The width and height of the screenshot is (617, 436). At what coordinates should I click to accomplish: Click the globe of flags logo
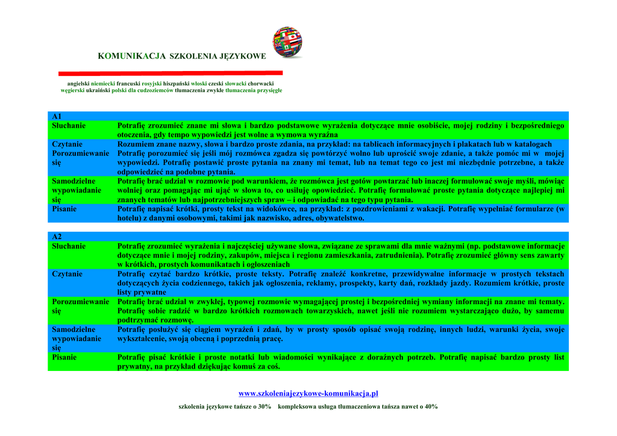pyautogui.click(x=287, y=42)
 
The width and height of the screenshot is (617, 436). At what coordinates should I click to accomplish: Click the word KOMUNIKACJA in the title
pyautogui.click(x=131, y=56)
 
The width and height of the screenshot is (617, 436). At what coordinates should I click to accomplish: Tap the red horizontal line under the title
pyautogui.click(x=171, y=73)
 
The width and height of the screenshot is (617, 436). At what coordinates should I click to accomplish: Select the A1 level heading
pyautogui.click(x=57, y=116)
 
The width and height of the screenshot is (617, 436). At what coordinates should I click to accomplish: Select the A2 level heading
pyautogui.click(x=57, y=237)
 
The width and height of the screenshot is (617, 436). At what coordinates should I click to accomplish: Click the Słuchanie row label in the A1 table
pyautogui.click(x=69, y=126)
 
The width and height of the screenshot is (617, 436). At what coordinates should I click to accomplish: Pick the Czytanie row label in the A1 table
pyautogui.click(x=67, y=145)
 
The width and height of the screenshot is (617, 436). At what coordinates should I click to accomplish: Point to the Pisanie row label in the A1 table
pyautogui.click(x=64, y=209)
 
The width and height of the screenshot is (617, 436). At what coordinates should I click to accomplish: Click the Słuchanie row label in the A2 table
pyautogui.click(x=69, y=246)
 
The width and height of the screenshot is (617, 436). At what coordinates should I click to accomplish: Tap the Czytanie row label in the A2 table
pyautogui.click(x=67, y=274)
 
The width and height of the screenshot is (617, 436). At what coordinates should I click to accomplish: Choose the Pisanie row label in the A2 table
pyautogui.click(x=64, y=357)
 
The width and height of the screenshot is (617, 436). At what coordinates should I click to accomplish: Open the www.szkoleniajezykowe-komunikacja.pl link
pyautogui.click(x=308, y=394)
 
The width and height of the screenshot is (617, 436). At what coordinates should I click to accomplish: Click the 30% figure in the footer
pyautogui.click(x=263, y=407)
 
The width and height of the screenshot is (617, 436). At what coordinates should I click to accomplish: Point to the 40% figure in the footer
pyautogui.click(x=430, y=407)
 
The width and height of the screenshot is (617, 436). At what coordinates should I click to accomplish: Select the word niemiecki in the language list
pyautogui.click(x=102, y=83)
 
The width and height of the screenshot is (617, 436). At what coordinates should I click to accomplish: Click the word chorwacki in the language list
pyautogui.click(x=260, y=83)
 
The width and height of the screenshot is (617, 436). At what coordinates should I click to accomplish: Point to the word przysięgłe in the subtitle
pyautogui.click(x=269, y=90)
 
